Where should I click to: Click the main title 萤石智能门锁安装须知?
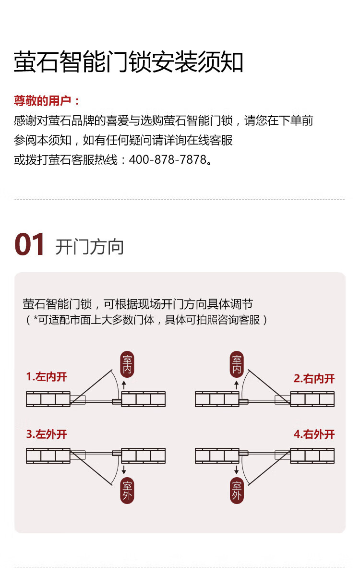pos(128,61)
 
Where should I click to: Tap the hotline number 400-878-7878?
pos(168,160)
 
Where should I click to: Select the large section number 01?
pos(30,244)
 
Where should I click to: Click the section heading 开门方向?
pos(90,247)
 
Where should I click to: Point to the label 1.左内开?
pos(47,377)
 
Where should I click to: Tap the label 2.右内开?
pos(314,379)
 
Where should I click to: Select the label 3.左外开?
pos(47,434)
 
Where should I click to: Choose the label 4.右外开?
pos(314,434)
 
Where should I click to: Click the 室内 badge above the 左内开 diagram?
pos(127,364)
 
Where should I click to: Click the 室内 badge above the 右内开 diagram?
pos(237,364)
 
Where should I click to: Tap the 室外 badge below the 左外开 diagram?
pos(127,491)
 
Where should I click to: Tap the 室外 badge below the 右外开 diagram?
pos(237,491)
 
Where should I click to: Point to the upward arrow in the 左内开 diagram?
pos(124,385)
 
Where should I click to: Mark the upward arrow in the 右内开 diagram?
pos(236,385)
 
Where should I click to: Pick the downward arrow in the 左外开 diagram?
pos(124,469)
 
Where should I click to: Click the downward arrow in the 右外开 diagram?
pos(236,469)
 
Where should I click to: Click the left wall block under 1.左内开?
pos(48,399)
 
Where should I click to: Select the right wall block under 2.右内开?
pos(312,399)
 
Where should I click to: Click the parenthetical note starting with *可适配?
pos(147,320)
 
